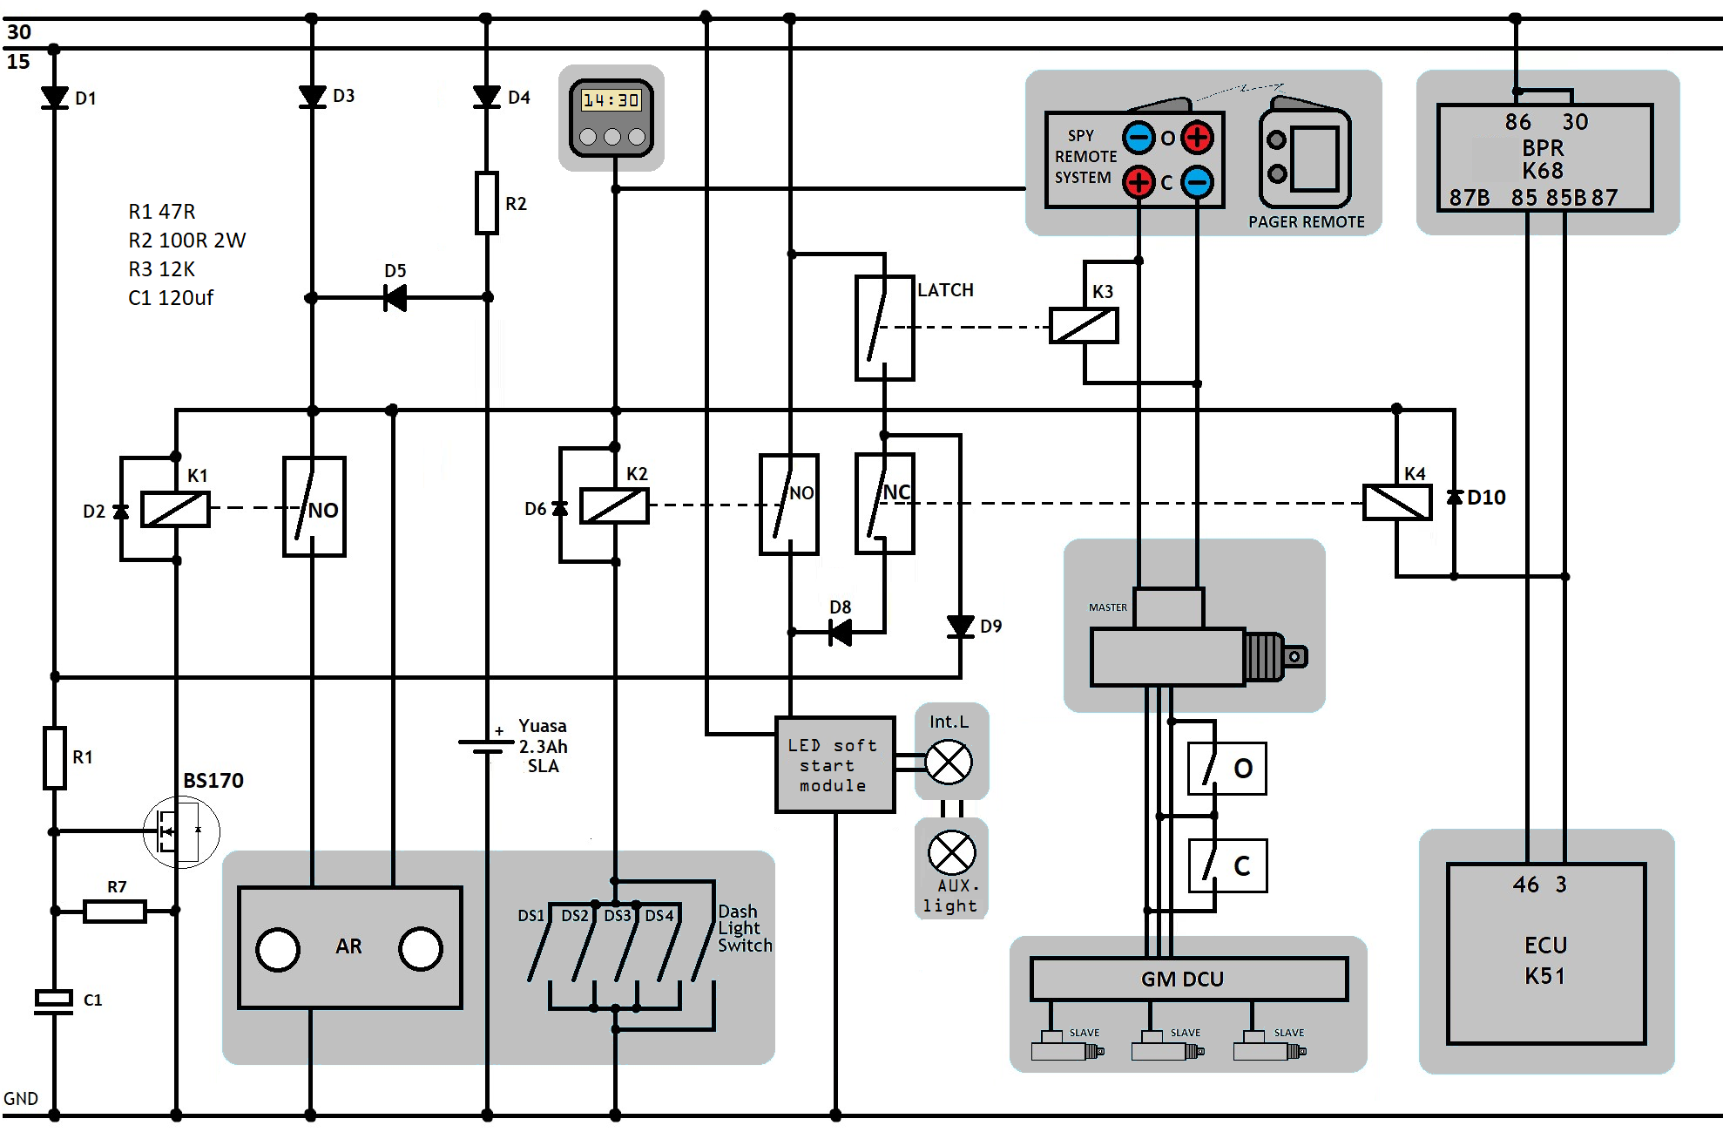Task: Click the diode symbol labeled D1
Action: coord(54,98)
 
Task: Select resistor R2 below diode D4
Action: coord(487,203)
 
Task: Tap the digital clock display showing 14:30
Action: coord(611,100)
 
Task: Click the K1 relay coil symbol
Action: coord(175,509)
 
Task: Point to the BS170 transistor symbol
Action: coord(181,831)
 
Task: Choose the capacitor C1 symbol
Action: coord(54,1001)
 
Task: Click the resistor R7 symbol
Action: coord(115,912)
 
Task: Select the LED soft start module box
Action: coord(834,765)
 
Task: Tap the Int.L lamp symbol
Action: coord(949,763)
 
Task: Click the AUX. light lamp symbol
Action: coord(952,852)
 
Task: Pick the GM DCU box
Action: coord(1189,980)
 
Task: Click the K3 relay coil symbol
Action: coord(1084,326)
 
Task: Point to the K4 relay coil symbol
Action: coord(1397,503)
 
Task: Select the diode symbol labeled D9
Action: coord(960,626)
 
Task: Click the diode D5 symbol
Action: coord(395,298)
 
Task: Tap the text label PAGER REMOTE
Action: coord(1307,222)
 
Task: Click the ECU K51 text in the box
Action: coord(1545,960)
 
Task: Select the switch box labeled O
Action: coord(1227,769)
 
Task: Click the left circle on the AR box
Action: coord(278,949)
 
